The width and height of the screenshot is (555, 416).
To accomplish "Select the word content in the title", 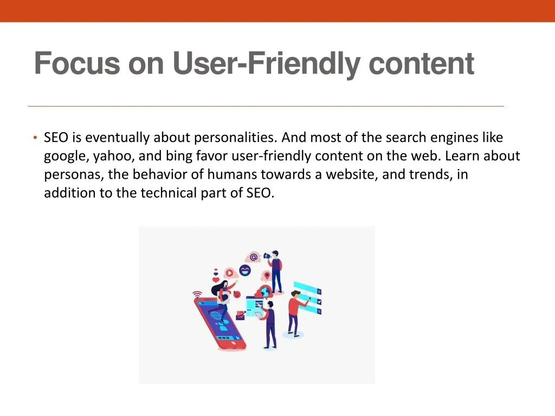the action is [x=421, y=64].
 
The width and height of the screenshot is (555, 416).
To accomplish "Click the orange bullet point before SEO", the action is [x=35, y=138].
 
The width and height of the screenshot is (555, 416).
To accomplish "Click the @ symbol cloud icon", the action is [x=254, y=257].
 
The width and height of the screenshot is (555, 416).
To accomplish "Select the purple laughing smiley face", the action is [x=244, y=271].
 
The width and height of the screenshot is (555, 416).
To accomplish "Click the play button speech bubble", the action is [x=230, y=273].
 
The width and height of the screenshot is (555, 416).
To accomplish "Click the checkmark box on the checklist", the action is [x=320, y=302].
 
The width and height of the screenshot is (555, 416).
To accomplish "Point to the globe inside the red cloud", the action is [x=264, y=292].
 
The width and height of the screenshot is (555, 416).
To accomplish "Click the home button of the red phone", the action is [x=233, y=343].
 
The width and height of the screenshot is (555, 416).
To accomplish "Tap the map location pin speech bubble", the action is [x=267, y=276].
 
